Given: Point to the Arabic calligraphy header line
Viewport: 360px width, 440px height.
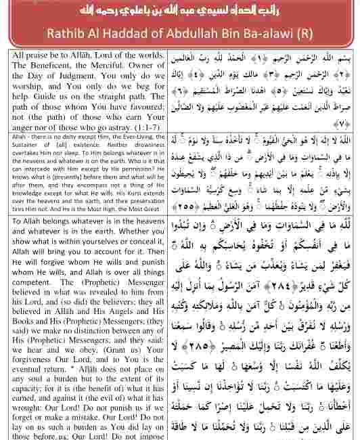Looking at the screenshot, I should click(x=180, y=12).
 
